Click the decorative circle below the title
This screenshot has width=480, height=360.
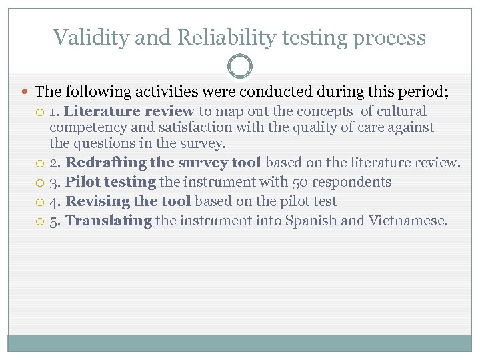240,67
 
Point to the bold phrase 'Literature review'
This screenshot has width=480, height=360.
129,111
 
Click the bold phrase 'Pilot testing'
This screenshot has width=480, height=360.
110,182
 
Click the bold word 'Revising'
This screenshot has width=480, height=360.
96,201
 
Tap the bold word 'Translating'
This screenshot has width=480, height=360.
109,221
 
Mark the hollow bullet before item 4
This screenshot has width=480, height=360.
41,202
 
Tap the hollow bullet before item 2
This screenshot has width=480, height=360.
41,163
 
